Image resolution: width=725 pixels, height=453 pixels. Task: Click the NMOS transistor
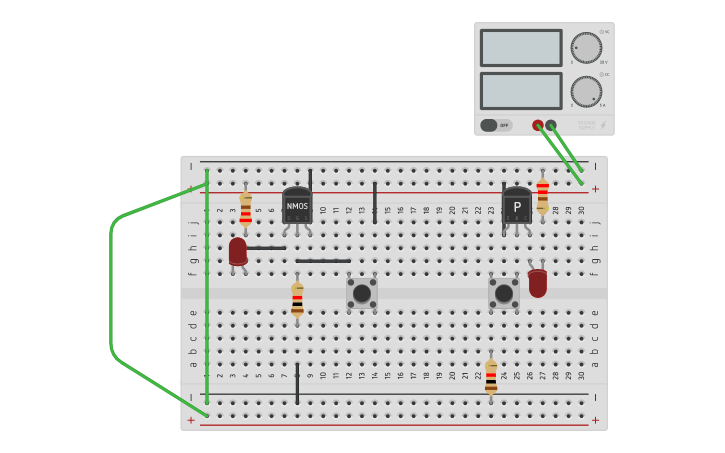[297, 205]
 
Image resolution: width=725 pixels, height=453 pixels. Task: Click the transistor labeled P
[516, 206]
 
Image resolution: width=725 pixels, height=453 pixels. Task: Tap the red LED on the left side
[238, 251]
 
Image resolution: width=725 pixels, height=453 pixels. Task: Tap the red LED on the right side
[538, 282]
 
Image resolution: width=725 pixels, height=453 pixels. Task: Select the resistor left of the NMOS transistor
[246, 209]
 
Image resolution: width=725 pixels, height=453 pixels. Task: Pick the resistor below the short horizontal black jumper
[297, 299]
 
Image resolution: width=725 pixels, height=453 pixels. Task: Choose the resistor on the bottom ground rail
[491, 377]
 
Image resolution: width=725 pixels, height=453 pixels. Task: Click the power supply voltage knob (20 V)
[586, 48]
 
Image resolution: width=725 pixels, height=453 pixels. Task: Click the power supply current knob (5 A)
[586, 92]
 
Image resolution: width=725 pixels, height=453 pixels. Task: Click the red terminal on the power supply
[538, 125]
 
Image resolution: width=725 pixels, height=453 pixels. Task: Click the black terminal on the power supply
[551, 125]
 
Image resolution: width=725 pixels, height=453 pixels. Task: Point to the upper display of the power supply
[520, 48]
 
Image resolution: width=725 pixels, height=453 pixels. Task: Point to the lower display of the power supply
[520, 91]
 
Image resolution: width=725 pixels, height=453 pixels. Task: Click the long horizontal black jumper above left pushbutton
[323, 261]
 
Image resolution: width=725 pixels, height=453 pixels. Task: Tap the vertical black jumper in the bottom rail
[297, 384]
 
